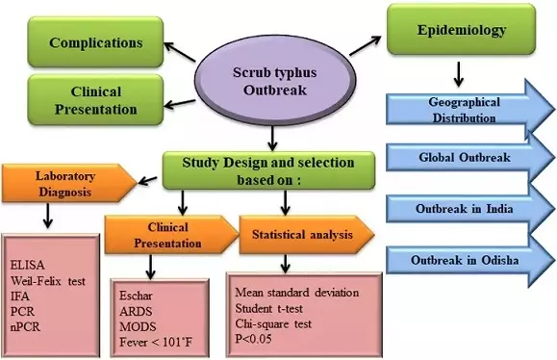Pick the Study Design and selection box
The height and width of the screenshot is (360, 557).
(x=256, y=169)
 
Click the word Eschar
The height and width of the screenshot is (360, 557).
(x=135, y=292)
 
